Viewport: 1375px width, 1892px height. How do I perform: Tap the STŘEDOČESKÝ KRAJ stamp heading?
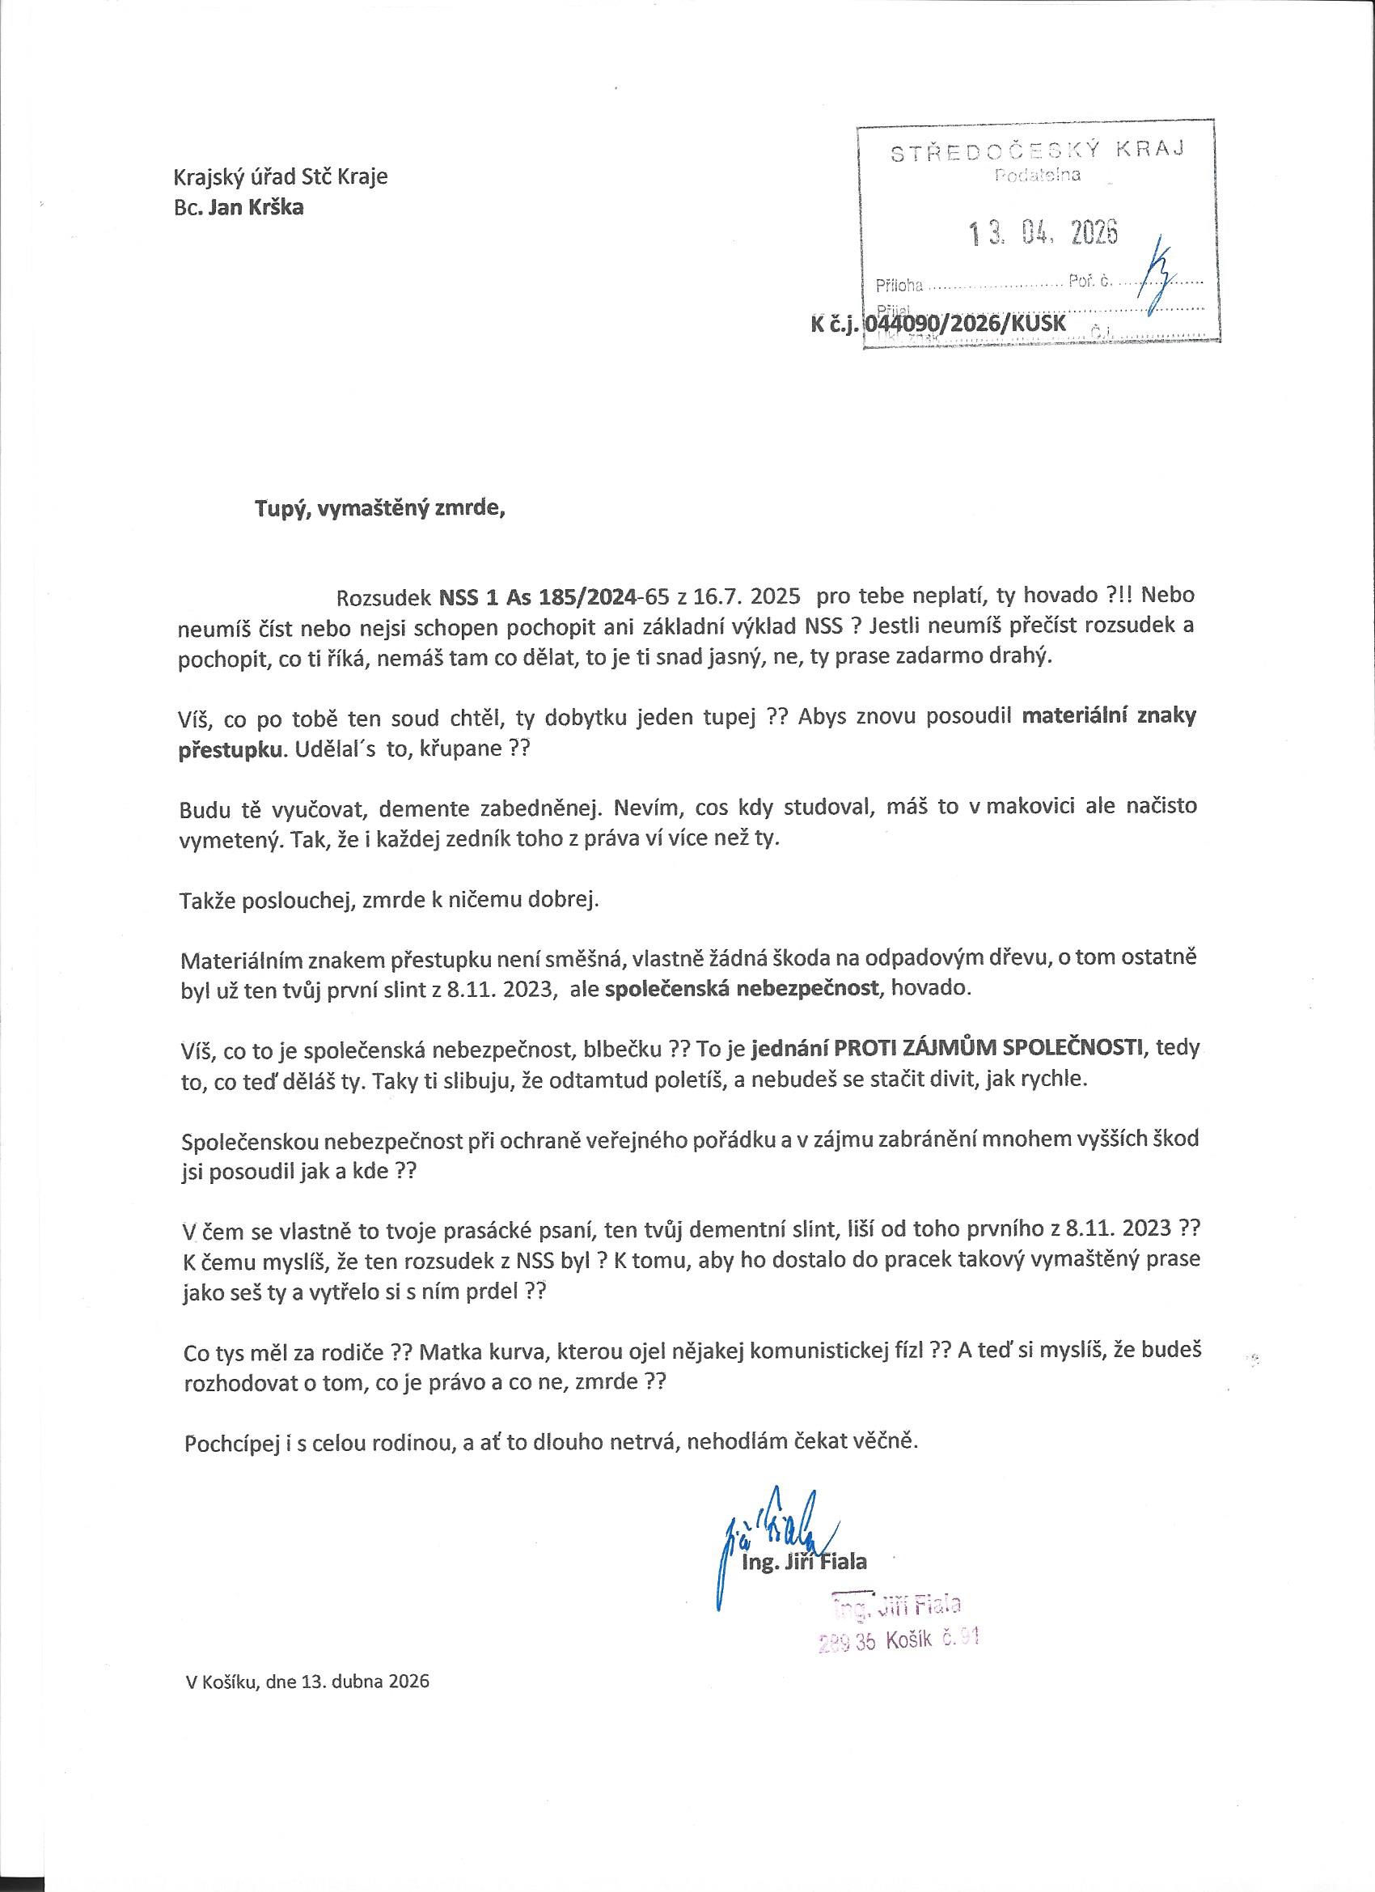tap(1039, 152)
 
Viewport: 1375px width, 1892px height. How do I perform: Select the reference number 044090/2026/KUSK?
tap(966, 324)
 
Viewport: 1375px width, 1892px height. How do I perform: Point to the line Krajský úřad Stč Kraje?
tap(280, 177)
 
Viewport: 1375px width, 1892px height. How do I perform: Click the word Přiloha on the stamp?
tap(899, 286)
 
